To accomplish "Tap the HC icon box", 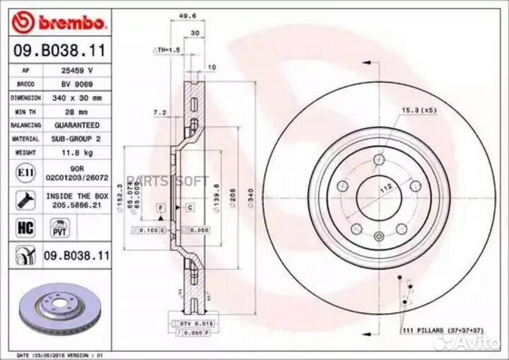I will coord(22,226).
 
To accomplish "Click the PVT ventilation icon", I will coord(59,226).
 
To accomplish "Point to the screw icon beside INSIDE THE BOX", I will coord(22,199).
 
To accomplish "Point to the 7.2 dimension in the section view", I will coord(160,112).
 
